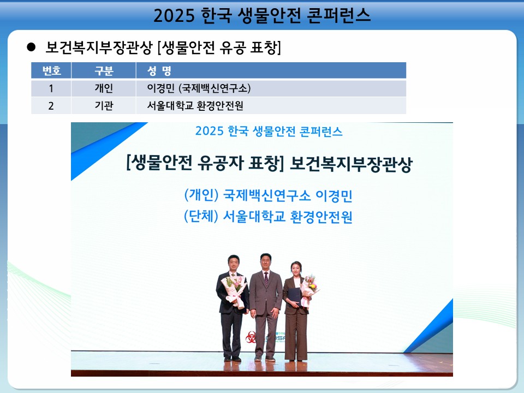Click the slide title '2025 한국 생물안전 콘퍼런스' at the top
coord(262,15)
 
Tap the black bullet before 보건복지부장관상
coord(31,47)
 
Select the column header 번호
coord(51,70)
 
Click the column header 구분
coord(104,70)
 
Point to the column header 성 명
coord(159,70)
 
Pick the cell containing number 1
coord(51,88)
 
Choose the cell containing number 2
coord(51,106)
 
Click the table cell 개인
coord(104,88)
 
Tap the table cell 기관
coord(104,105)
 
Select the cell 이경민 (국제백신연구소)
coord(199,88)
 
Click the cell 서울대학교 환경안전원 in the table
coord(195,105)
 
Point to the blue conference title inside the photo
coord(269,131)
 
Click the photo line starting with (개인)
coord(269,195)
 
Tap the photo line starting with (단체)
coord(269,217)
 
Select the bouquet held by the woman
coord(309,289)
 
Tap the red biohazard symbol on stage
coord(251,337)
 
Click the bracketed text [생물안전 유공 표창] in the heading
coord(219,47)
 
